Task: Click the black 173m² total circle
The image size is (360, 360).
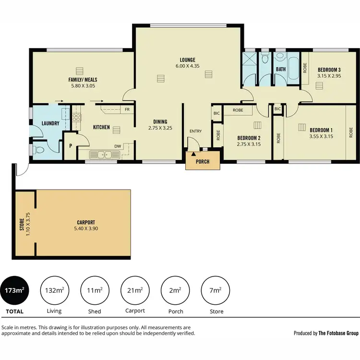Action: (14, 290)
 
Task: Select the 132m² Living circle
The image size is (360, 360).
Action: (55, 290)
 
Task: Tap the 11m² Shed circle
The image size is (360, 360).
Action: (95, 290)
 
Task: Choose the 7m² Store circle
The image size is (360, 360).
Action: (215, 290)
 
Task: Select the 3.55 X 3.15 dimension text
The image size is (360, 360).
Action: (321, 136)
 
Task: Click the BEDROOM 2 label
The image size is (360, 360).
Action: (248, 137)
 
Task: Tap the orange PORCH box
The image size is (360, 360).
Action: (203, 161)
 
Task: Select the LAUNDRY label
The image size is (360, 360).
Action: (50, 123)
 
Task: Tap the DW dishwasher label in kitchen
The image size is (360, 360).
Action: (117, 146)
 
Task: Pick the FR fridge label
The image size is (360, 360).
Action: (127, 109)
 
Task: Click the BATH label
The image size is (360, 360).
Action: (281, 69)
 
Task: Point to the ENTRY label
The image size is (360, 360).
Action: (195, 131)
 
